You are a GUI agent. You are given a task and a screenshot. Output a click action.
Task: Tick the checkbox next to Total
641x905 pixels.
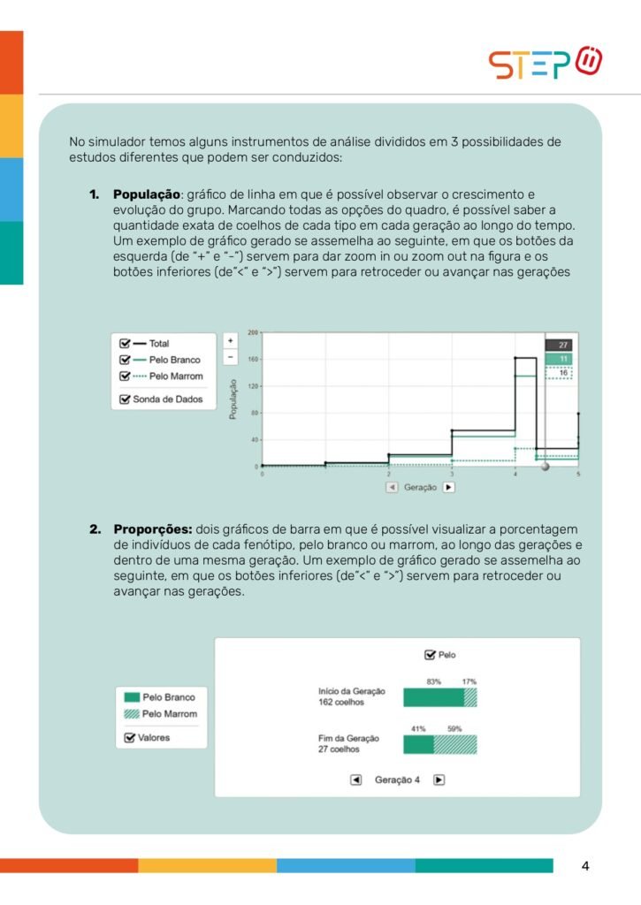tap(125, 343)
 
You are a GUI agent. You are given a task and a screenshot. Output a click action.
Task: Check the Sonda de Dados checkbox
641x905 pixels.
tap(125, 399)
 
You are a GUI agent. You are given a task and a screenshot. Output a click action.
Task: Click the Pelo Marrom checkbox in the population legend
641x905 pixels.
tap(125, 376)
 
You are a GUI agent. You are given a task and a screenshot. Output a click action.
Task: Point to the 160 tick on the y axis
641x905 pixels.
tap(252, 359)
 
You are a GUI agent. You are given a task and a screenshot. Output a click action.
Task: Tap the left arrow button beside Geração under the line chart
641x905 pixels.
tap(391, 487)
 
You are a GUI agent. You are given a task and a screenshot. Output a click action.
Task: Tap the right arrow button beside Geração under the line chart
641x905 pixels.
tap(448, 487)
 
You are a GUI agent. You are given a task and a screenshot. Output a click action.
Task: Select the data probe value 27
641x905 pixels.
tap(562, 345)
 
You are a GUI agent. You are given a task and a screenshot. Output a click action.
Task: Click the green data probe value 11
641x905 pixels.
tap(562, 359)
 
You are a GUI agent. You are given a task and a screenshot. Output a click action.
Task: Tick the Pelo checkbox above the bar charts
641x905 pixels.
tap(430, 655)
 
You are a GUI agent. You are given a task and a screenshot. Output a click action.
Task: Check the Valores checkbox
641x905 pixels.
tap(129, 737)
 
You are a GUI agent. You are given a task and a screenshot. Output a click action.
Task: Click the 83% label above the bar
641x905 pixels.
tap(433, 681)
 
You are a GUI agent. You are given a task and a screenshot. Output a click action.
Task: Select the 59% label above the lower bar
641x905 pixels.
tap(454, 728)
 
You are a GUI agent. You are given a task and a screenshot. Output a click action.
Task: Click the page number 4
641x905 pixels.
tap(585, 866)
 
